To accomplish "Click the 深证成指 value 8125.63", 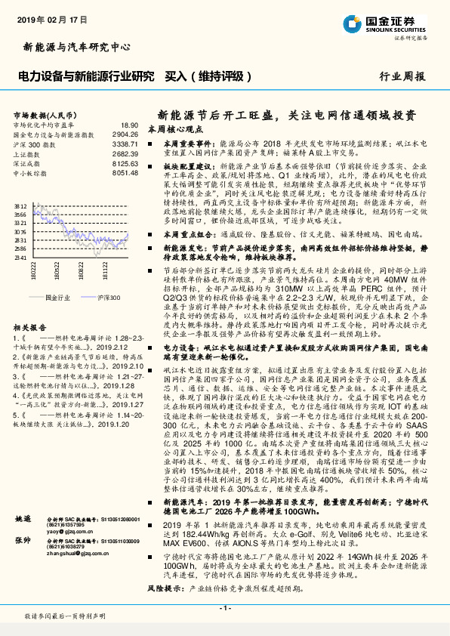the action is coord(125,162).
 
